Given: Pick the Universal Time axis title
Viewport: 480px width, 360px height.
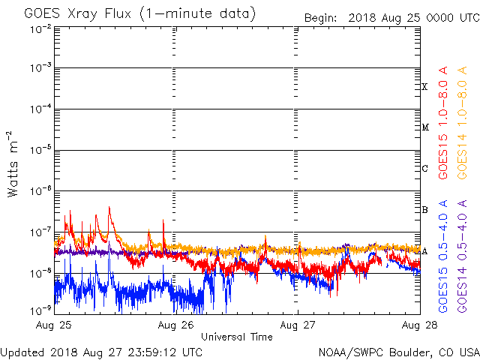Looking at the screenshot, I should point(236,337).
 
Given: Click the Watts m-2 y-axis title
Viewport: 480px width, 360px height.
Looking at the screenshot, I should point(13,163).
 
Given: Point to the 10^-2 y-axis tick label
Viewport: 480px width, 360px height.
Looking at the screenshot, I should point(40,29).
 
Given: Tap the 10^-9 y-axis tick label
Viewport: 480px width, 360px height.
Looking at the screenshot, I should point(40,310).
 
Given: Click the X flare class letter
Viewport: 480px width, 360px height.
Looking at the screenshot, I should point(424,87).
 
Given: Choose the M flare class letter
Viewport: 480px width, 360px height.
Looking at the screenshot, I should point(424,127).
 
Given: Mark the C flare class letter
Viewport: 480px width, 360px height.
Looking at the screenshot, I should point(424,168).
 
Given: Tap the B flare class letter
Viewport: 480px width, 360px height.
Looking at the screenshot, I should point(424,209).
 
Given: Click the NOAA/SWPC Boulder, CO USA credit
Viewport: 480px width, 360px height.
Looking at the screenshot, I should point(398,352).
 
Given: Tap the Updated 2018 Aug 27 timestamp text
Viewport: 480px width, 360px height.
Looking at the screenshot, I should point(101,352).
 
